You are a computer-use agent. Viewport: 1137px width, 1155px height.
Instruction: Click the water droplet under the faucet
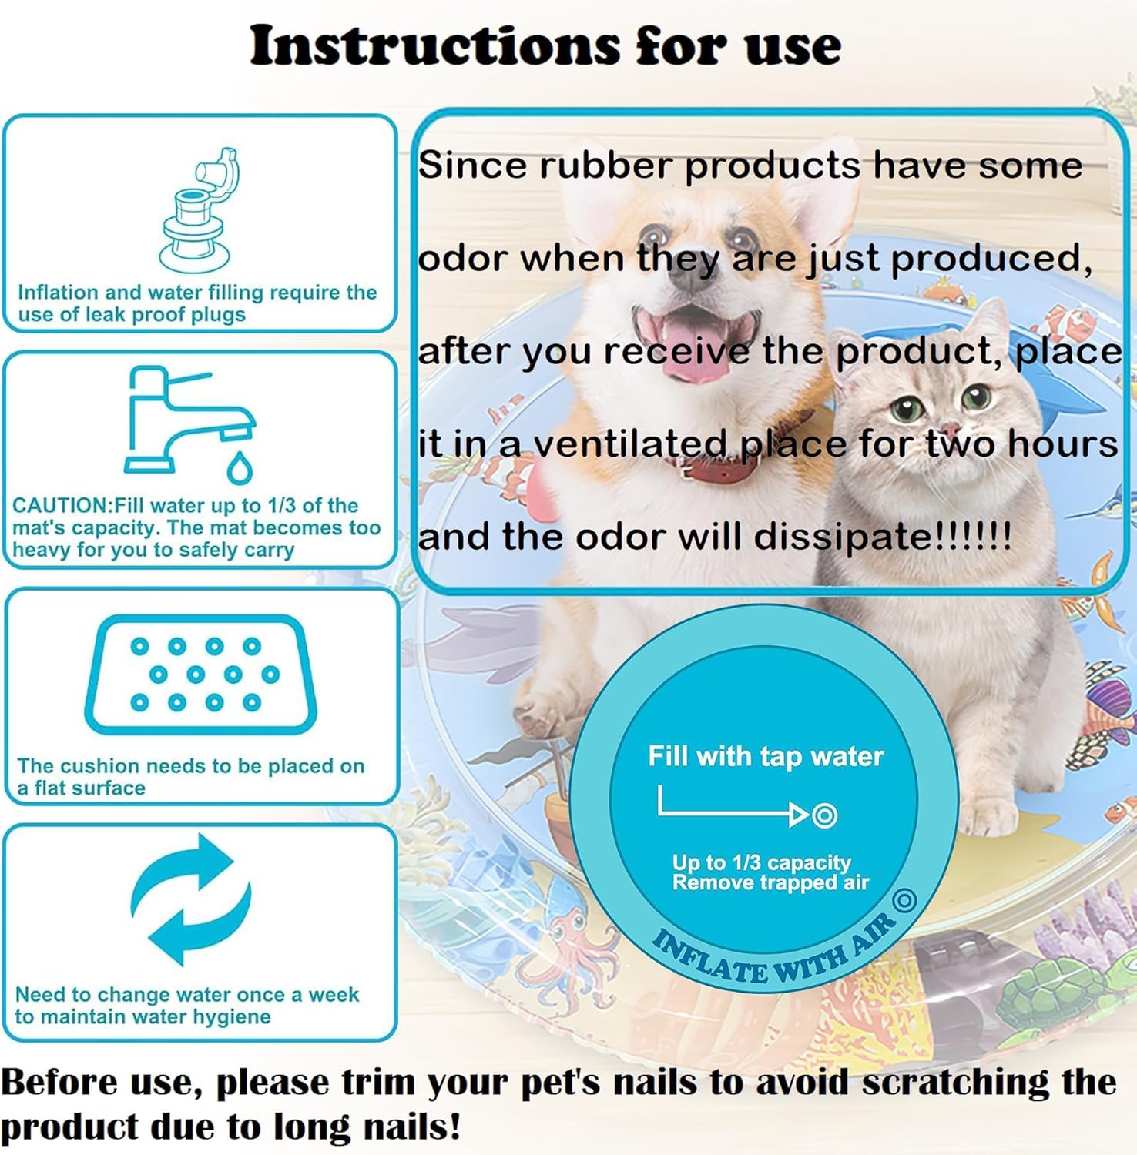click(240, 467)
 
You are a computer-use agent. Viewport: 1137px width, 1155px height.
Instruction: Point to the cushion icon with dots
click(201, 674)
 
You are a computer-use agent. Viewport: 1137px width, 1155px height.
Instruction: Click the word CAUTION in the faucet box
click(62, 506)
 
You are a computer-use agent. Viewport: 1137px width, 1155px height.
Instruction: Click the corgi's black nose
click(691, 276)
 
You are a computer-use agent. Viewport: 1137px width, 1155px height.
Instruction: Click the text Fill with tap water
click(765, 756)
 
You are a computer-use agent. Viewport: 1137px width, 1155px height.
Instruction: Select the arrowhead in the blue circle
click(799, 815)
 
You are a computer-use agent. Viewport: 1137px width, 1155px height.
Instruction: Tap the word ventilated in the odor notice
click(632, 444)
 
